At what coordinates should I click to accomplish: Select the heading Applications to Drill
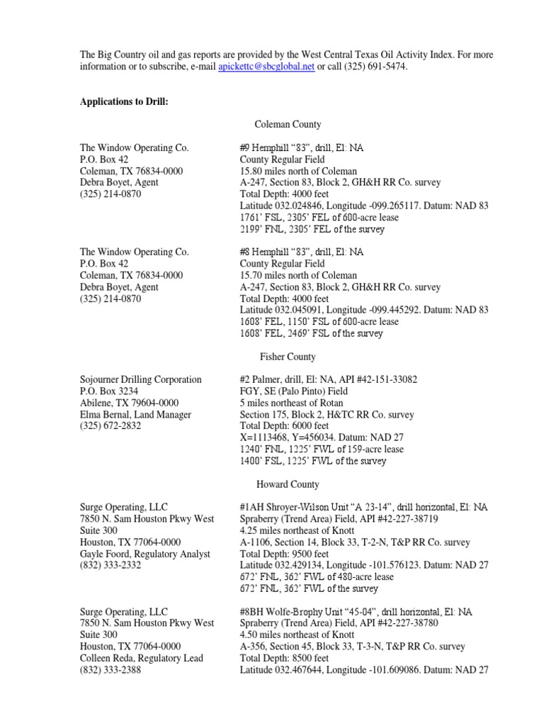click(124, 101)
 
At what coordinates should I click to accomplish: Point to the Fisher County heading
click(288, 357)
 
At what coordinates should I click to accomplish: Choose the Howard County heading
click(288, 484)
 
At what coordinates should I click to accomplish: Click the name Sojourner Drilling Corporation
click(140, 380)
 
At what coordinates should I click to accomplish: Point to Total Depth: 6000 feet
click(284, 426)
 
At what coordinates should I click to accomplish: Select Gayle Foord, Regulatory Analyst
click(144, 554)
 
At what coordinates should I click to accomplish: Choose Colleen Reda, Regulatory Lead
click(143, 658)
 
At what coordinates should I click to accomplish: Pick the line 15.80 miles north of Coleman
click(298, 171)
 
